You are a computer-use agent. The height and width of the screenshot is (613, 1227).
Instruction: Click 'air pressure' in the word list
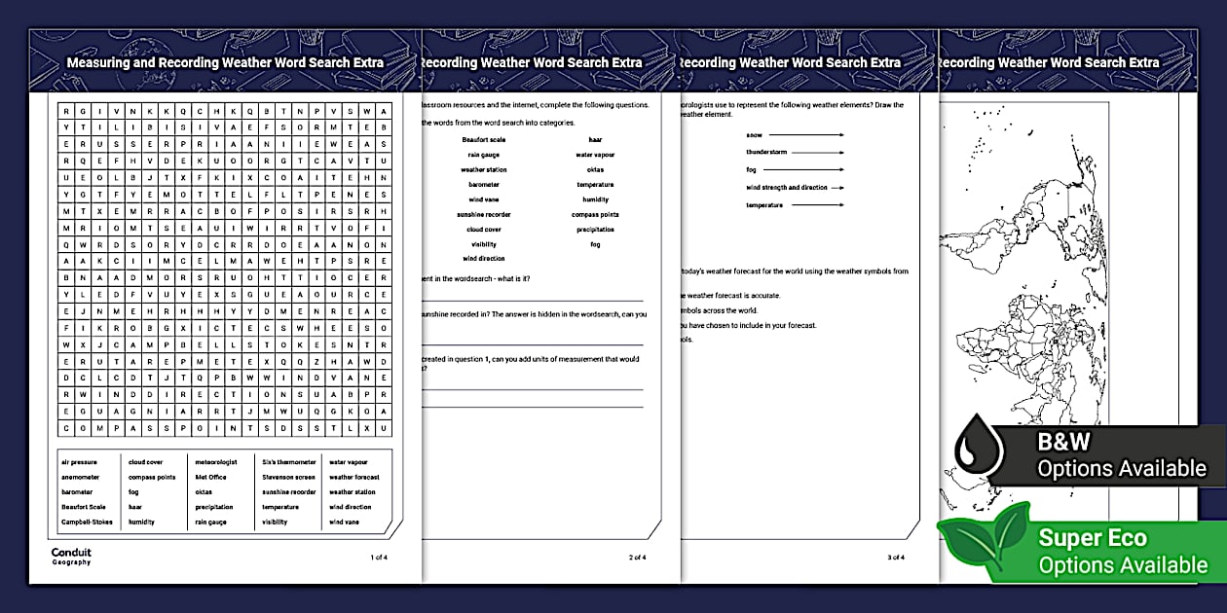coord(80,462)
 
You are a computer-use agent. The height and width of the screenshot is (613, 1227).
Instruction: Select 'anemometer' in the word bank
coord(80,477)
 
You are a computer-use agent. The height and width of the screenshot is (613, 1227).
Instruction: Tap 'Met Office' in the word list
coord(211,477)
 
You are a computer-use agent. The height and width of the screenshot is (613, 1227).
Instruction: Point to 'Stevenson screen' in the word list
coord(288,477)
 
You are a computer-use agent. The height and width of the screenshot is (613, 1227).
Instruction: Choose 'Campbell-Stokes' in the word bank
coord(87,522)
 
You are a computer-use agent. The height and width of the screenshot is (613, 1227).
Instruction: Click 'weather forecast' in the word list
coord(354,477)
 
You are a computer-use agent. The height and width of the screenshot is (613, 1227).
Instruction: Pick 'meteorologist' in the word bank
coord(216,462)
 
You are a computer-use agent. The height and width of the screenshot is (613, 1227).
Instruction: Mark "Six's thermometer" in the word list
coord(289,462)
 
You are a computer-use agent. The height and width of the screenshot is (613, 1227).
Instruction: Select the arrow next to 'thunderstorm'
coord(820,152)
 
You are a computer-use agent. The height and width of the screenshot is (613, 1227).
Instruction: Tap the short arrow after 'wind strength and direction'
coord(837,187)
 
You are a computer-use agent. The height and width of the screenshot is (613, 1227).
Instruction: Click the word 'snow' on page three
coord(755,135)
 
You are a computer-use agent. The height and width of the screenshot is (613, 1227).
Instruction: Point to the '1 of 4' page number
coord(378,558)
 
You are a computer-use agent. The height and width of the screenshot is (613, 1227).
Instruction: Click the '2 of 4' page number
coord(637,558)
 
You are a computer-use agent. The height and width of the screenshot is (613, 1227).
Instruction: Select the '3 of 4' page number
coord(895,558)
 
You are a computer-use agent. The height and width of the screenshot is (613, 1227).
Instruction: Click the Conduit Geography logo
coord(71,556)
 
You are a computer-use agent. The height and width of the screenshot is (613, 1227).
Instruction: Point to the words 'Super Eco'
coord(1093,538)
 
